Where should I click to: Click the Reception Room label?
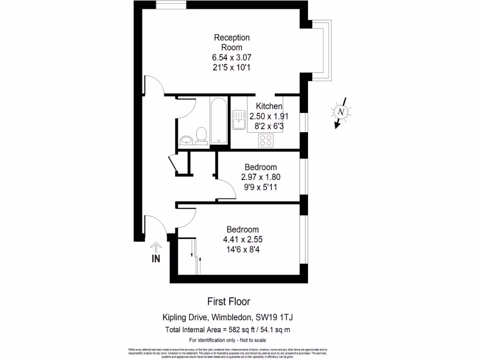coord(232,42)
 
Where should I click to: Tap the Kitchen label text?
coord(269,106)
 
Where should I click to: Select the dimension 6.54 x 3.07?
coord(232,57)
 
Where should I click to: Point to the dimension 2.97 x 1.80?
coord(261,177)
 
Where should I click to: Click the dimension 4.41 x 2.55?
coord(242,240)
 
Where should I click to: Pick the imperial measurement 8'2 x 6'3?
coord(269,126)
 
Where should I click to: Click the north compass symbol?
coord(341,112)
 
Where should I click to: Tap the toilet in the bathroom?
coord(202,135)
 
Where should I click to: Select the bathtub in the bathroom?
coord(219,120)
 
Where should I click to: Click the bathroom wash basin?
coord(186,140)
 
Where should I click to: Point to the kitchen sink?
coord(238,120)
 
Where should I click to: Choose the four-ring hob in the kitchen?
coord(267,139)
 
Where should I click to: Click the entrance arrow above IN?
coord(156,247)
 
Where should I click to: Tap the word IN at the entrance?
coord(156,258)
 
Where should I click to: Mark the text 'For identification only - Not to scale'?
coord(227,340)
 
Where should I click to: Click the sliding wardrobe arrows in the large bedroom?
coord(196,256)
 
